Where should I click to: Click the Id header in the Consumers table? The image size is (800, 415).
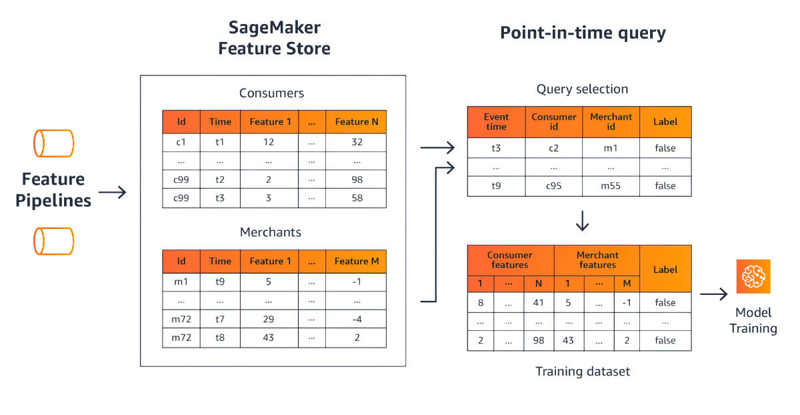coord(181,122)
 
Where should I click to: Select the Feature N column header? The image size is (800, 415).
coord(356,122)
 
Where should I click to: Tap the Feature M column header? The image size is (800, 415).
coord(356,262)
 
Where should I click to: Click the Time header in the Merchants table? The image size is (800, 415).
coord(220,262)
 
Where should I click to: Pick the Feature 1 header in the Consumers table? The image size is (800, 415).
coord(270,122)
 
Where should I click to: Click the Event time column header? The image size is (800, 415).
coord(496,122)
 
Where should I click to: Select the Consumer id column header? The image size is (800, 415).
coord(554,122)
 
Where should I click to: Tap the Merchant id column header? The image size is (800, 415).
coord(611,122)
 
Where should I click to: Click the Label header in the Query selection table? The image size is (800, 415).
coord(665,122)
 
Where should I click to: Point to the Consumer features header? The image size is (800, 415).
coord(510,260)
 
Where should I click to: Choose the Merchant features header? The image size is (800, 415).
coord(597,260)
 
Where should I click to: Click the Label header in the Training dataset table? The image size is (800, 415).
coord(665,270)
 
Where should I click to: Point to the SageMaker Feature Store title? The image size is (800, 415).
coord(275,38)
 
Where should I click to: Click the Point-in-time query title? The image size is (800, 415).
coord(583,33)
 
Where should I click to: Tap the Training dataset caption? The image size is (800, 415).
coord(583,371)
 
